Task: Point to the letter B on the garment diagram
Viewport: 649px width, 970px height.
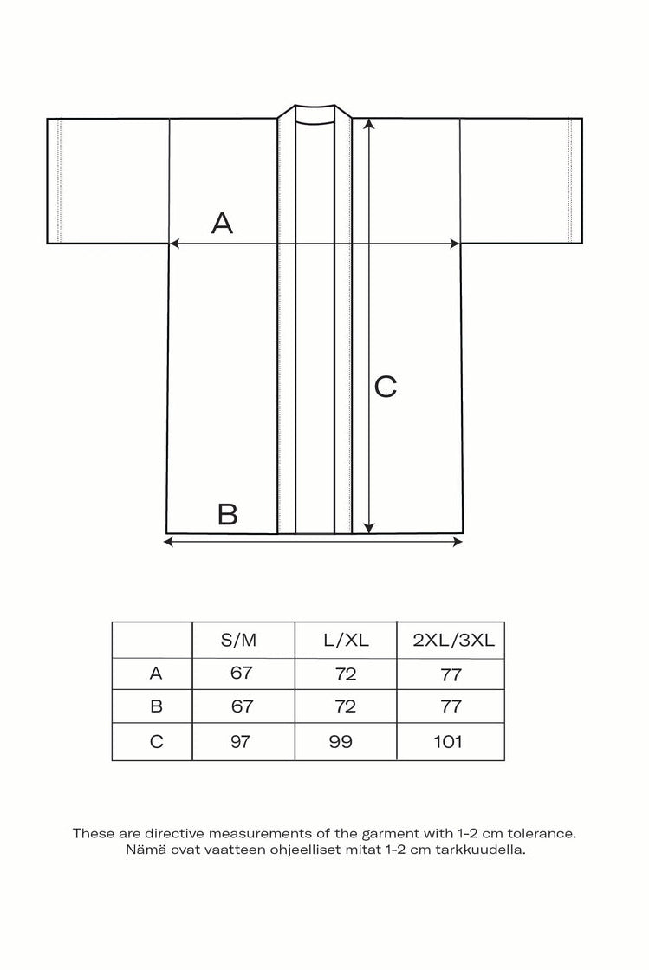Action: click(x=228, y=514)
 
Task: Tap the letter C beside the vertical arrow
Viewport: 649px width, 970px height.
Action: click(x=386, y=387)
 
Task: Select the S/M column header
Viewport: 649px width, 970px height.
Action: click(x=239, y=641)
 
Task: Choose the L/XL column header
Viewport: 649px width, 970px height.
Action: click(x=346, y=641)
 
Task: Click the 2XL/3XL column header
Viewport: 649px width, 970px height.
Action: click(x=453, y=641)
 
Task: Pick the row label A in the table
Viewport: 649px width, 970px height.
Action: click(x=156, y=673)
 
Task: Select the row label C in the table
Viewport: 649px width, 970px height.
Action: click(x=156, y=741)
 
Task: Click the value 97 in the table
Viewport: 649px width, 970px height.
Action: click(x=242, y=741)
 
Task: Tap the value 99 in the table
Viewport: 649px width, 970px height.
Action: click(x=343, y=741)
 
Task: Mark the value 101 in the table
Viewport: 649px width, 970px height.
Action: click(x=450, y=741)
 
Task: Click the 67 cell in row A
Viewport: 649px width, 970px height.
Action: click(x=242, y=674)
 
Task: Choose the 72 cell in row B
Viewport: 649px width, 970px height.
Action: click(x=345, y=706)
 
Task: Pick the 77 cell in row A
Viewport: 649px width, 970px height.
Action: click(x=451, y=674)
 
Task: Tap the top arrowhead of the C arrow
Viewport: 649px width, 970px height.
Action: click(x=369, y=124)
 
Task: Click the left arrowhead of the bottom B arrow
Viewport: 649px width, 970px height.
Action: click(x=168, y=542)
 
